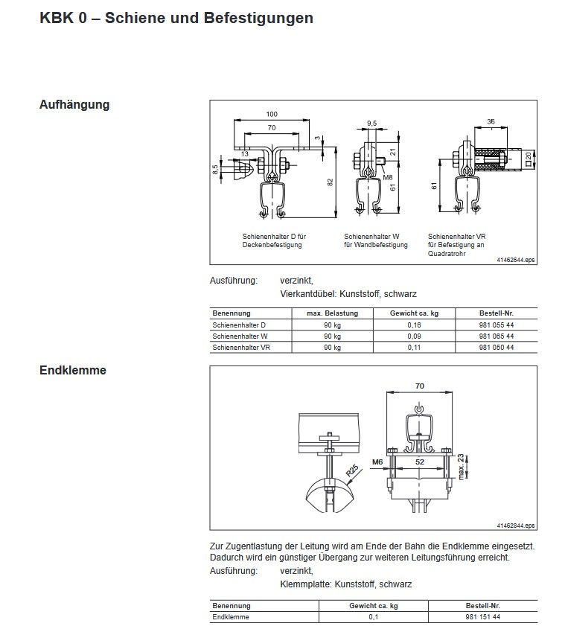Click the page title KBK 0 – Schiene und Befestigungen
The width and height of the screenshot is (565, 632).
tap(176, 18)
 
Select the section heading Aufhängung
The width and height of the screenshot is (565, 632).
tap(74, 105)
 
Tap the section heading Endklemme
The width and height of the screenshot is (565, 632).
tap(72, 370)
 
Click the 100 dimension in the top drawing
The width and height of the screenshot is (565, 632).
tap(271, 114)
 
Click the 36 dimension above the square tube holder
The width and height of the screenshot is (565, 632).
tap(491, 121)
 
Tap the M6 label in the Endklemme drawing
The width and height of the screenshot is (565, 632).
tap(377, 462)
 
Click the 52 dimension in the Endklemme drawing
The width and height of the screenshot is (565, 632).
tap(420, 462)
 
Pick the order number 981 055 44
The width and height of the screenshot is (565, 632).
tap(497, 325)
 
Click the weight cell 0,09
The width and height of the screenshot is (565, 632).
tap(414, 336)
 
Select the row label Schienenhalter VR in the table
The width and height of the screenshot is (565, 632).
tap(240, 347)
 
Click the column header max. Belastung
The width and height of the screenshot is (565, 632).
tap(332, 313)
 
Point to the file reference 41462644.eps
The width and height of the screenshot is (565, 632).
tap(516, 260)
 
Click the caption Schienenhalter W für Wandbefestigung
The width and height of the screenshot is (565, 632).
tap(375, 240)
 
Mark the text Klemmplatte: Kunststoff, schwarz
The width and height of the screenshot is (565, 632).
tap(345, 584)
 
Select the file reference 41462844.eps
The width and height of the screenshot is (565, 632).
tap(516, 526)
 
